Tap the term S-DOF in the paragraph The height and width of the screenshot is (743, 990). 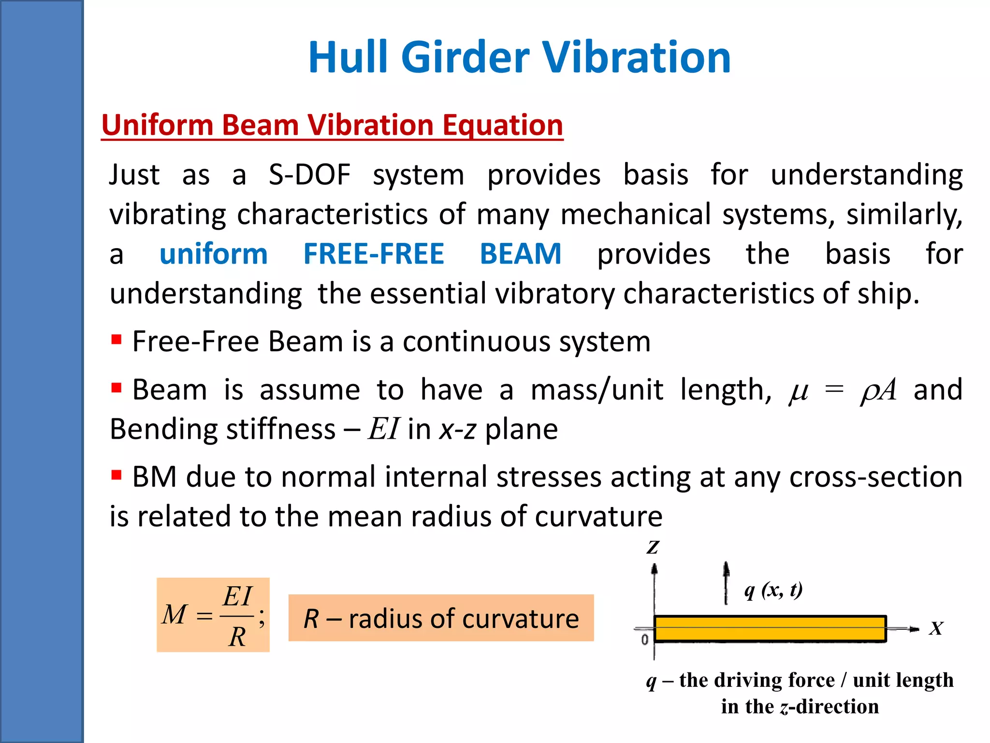click(x=309, y=175)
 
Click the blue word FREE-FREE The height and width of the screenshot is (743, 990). click(x=374, y=254)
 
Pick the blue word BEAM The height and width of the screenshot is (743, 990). click(x=521, y=254)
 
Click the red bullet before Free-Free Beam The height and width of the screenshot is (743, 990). click(x=116, y=339)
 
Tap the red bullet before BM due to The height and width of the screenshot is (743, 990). click(x=116, y=475)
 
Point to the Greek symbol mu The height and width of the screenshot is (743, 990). click(x=799, y=391)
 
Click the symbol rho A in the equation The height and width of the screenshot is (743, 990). click(x=878, y=390)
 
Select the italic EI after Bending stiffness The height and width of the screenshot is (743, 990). click(x=383, y=429)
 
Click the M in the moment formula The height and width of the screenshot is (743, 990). click(x=174, y=615)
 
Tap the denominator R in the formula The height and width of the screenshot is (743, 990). click(x=237, y=637)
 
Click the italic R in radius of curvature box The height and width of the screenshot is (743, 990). click(x=311, y=619)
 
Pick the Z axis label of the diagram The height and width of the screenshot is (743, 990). click(x=653, y=547)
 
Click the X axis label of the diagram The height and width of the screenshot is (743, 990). click(x=936, y=628)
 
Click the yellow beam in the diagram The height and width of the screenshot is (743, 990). click(x=770, y=628)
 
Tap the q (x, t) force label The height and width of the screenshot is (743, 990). click(x=773, y=590)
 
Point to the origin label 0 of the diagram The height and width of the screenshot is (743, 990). click(x=644, y=640)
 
